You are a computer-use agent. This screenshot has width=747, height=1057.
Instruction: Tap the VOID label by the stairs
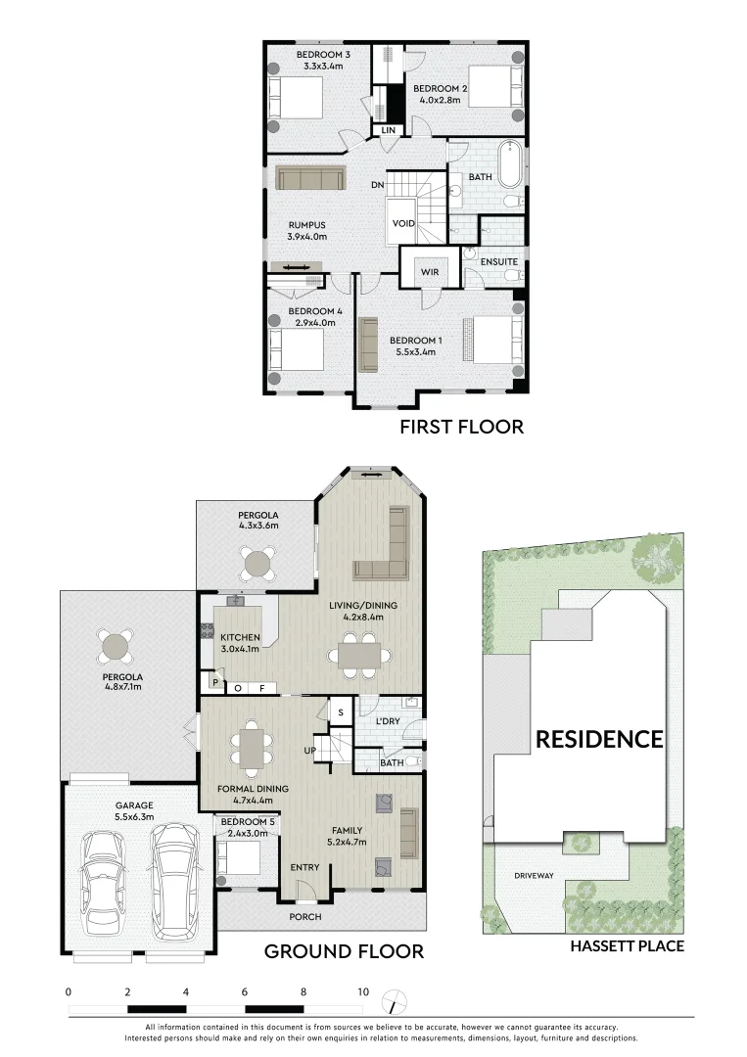point(403,224)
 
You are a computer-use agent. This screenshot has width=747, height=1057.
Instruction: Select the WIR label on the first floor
point(428,271)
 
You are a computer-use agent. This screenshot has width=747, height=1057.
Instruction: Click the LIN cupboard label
point(388,129)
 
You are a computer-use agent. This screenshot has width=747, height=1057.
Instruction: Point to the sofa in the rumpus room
point(310,178)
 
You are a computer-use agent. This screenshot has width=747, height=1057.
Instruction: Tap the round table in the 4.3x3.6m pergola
point(258,563)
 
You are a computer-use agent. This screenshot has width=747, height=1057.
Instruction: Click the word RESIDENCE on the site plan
point(598,739)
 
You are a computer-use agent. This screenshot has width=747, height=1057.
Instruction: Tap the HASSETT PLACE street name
point(627,945)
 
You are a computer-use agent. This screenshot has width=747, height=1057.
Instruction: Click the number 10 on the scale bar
point(362,991)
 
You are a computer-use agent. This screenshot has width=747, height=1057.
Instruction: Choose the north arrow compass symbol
point(393,1000)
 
